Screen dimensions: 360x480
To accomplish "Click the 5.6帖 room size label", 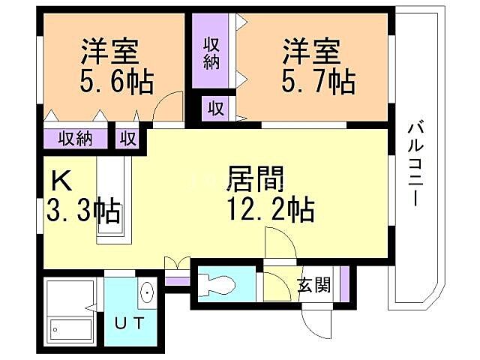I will click(x=116, y=80).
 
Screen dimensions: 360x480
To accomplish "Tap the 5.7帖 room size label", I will click(x=318, y=80).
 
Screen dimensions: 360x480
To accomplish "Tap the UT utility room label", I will click(x=131, y=323).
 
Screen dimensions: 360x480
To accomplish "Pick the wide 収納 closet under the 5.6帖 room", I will click(x=75, y=138).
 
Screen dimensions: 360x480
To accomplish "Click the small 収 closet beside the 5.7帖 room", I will click(x=216, y=108).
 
